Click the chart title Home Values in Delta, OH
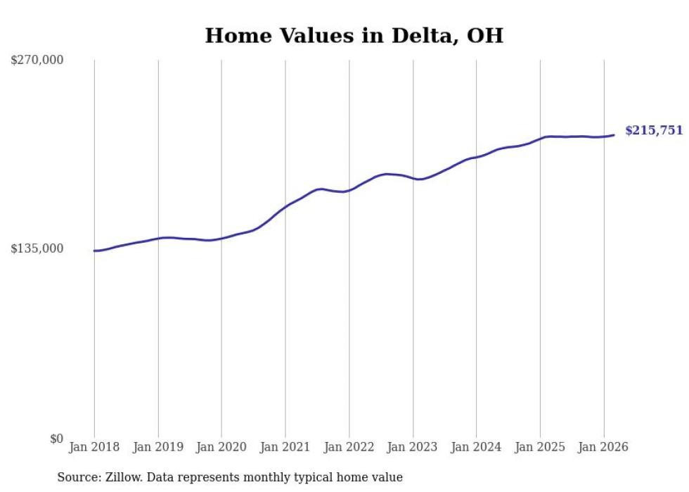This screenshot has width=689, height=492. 354,35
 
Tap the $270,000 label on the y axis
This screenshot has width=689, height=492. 37,60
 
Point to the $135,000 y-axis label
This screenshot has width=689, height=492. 37,248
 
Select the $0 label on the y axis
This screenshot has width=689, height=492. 56,439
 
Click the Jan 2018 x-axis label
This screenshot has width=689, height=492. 94,447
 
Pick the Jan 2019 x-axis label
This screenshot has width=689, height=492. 158,447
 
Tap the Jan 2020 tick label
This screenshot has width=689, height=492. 221,447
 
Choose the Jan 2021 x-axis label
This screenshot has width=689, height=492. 285,447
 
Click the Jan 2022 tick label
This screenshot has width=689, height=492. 349,447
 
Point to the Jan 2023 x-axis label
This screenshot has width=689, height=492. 413,447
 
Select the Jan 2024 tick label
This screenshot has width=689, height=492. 476,447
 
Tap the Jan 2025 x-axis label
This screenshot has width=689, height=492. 540,447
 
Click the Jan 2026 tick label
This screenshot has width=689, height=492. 603,447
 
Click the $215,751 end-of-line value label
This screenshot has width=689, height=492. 654,130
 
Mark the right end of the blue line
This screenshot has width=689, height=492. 614,135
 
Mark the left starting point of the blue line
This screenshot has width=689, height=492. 94,251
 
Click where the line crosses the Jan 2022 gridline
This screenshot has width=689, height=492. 349,190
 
